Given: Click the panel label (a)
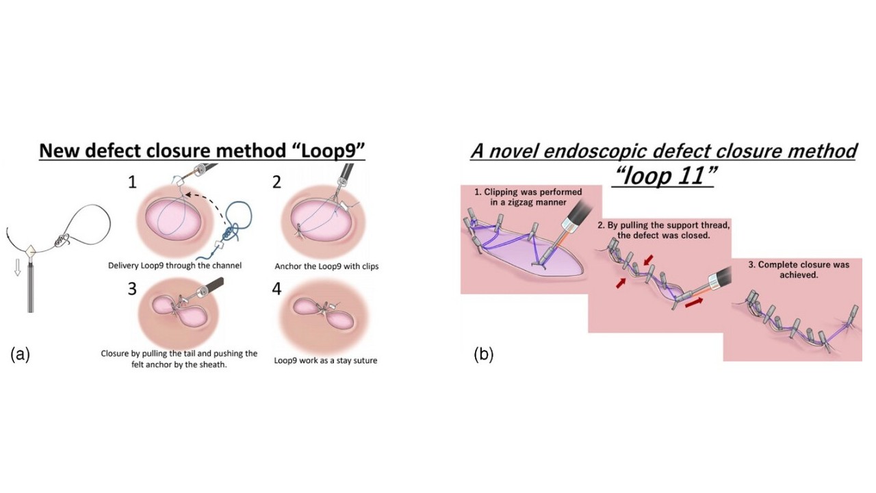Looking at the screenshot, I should (20, 354).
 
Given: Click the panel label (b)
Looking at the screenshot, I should (483, 354).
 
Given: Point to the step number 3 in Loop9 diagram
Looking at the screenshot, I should (131, 288).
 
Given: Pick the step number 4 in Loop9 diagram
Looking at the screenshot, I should (276, 288).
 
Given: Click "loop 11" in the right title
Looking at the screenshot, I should (663, 176).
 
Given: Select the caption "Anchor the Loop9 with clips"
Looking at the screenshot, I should (326, 266).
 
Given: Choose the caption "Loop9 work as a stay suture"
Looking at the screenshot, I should (325, 359).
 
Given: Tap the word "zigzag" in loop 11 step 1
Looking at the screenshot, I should (527, 203).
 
